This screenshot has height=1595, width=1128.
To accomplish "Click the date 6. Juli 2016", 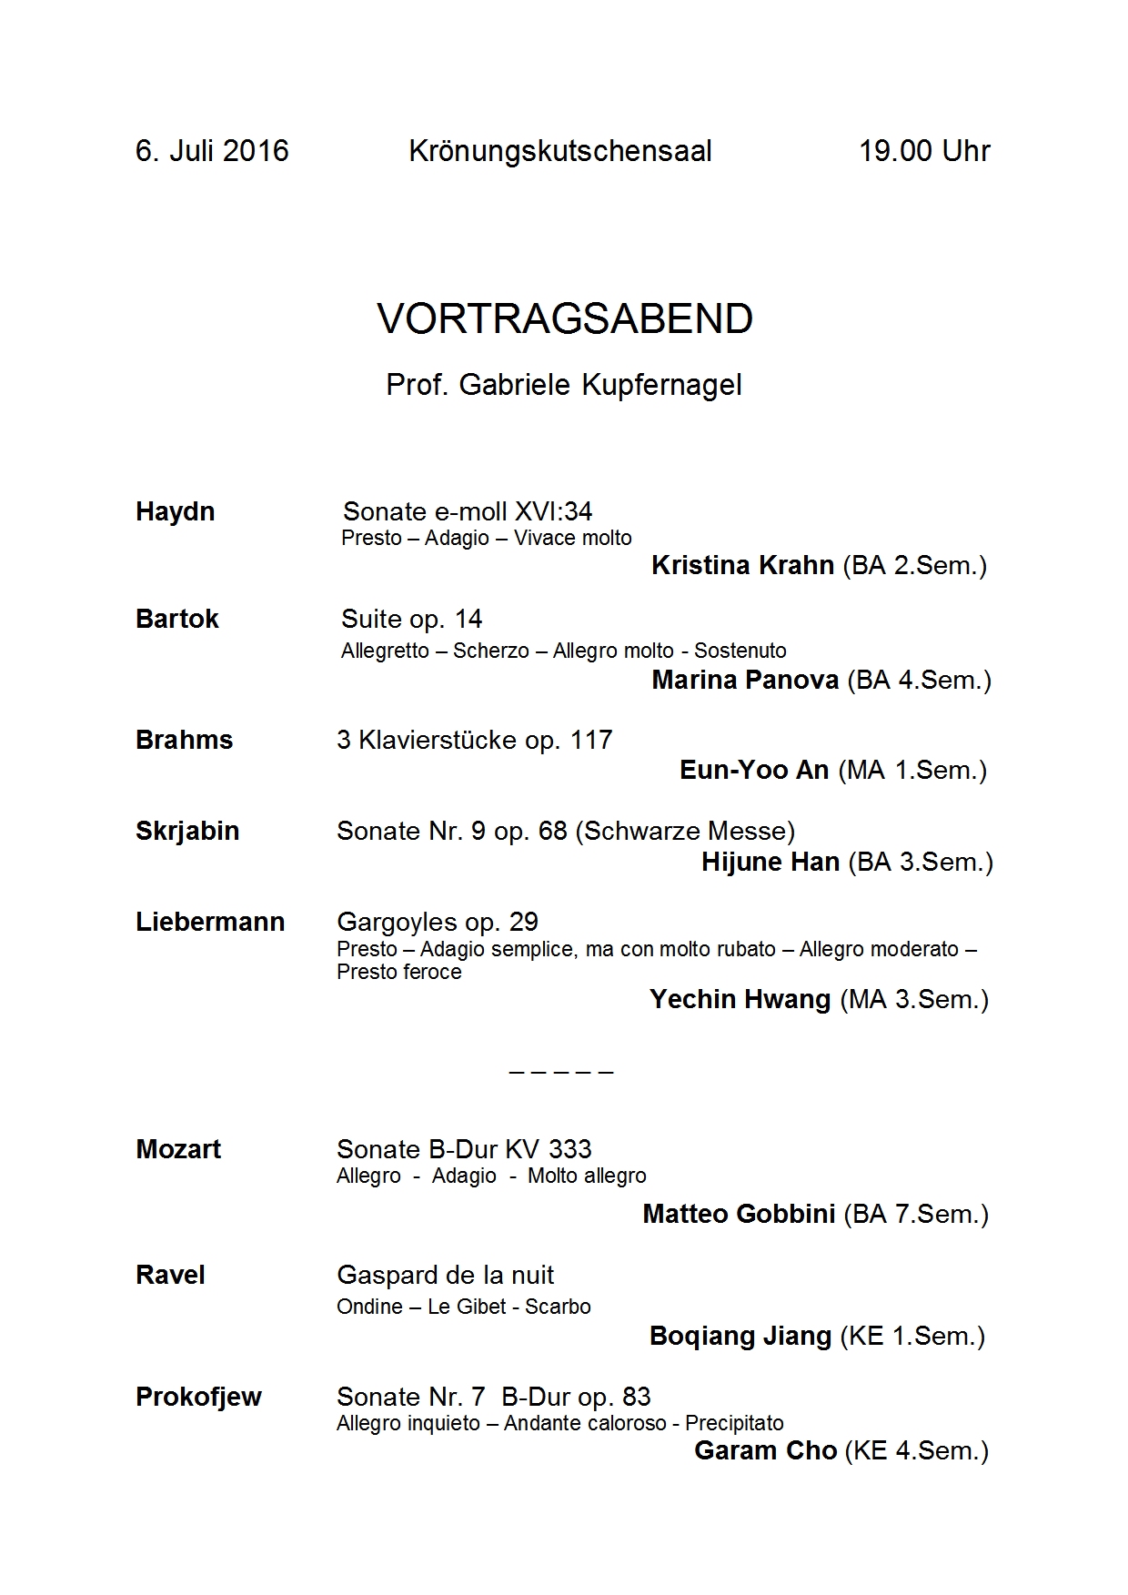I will [212, 151].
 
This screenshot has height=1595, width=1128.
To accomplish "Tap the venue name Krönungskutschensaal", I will [560, 151].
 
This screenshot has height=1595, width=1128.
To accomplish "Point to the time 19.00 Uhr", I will [924, 151].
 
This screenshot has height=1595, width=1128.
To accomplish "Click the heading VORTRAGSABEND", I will [565, 318].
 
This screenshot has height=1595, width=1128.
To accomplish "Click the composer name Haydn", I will [176, 511].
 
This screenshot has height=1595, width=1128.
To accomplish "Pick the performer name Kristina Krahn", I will [742, 566].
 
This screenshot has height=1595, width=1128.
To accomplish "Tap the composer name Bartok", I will [177, 620].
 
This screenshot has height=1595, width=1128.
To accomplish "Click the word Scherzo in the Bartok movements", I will [491, 651].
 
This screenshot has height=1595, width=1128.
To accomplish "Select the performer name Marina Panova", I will [745, 681].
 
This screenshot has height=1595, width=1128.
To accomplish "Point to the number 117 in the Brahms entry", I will [591, 740].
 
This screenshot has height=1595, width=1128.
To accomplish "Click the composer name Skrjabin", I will [187, 832].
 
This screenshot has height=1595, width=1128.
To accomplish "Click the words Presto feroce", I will [398, 973].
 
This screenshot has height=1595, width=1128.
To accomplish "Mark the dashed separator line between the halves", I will [561, 1072].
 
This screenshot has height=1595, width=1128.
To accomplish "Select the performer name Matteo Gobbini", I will [739, 1215].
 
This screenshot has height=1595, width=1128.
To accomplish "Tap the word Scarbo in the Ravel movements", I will [558, 1307].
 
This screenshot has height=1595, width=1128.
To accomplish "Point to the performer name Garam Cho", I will [765, 1450].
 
